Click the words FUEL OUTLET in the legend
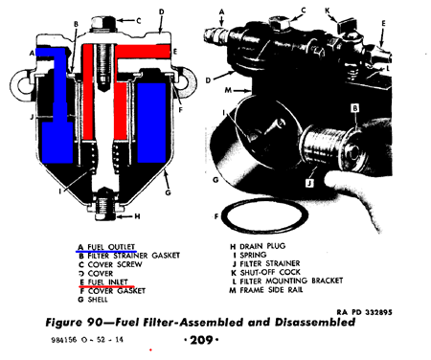click(111, 247)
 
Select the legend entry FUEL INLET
click(107, 282)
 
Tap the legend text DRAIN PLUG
click(262, 246)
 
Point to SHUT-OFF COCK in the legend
click(270, 272)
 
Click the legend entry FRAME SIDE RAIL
click(271, 290)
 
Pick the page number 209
click(201, 340)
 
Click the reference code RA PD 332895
click(364, 312)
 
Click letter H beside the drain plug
click(137, 216)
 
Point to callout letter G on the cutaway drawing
click(168, 192)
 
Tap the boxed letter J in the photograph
click(309, 183)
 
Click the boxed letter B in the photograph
click(355, 108)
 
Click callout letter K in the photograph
click(328, 11)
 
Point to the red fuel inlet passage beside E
click(142, 51)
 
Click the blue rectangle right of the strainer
click(151, 123)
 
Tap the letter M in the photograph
click(228, 90)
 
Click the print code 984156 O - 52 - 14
click(87, 340)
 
